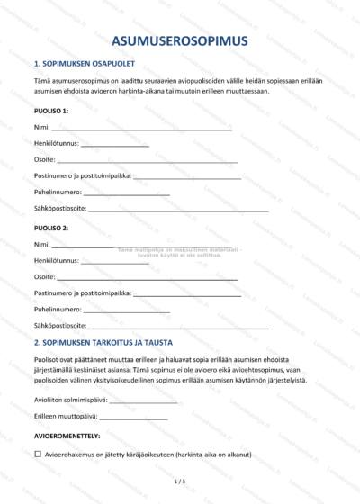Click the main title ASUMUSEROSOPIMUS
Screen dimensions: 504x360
180,41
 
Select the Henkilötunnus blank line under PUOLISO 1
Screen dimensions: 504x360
115,145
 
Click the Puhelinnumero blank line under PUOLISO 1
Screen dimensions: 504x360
126,193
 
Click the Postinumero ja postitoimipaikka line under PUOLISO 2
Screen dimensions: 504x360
187,293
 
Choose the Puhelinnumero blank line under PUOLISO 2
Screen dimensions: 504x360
126,310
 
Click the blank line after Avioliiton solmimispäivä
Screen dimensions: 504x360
144,400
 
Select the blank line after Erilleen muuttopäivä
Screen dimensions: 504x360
133,417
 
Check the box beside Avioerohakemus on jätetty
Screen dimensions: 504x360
38,455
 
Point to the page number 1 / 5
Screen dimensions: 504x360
180,482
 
